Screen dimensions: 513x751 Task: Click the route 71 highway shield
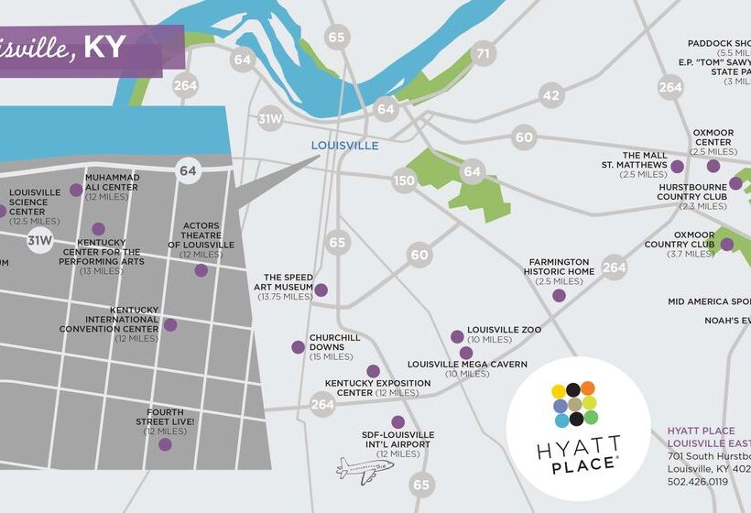click(x=483, y=54)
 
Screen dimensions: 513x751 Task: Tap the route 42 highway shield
click(x=550, y=94)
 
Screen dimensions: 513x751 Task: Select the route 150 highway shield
click(x=404, y=180)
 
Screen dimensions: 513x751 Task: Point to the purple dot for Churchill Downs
click(x=298, y=347)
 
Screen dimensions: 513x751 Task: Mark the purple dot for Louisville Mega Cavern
click(x=466, y=353)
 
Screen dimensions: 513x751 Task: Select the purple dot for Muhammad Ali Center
click(x=76, y=191)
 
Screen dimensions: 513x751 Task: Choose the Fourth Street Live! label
click(x=165, y=421)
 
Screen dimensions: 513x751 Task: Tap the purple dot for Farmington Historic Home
click(x=559, y=295)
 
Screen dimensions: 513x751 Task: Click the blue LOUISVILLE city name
click(x=344, y=146)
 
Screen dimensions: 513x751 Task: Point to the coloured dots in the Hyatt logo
click(x=574, y=405)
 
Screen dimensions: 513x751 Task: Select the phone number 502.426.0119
click(x=697, y=481)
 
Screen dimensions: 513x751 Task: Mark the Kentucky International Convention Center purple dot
click(x=169, y=324)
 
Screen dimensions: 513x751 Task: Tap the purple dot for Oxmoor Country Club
click(x=726, y=245)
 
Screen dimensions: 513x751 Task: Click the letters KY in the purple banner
click(x=104, y=48)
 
